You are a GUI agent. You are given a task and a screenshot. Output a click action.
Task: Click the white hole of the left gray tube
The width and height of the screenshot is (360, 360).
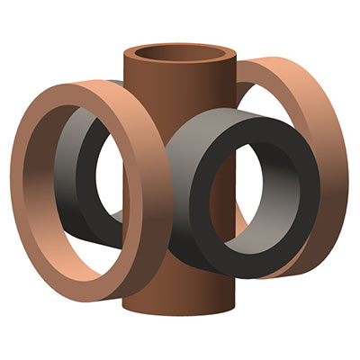108,180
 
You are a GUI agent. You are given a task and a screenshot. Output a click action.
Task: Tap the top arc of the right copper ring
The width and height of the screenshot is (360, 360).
279,72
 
